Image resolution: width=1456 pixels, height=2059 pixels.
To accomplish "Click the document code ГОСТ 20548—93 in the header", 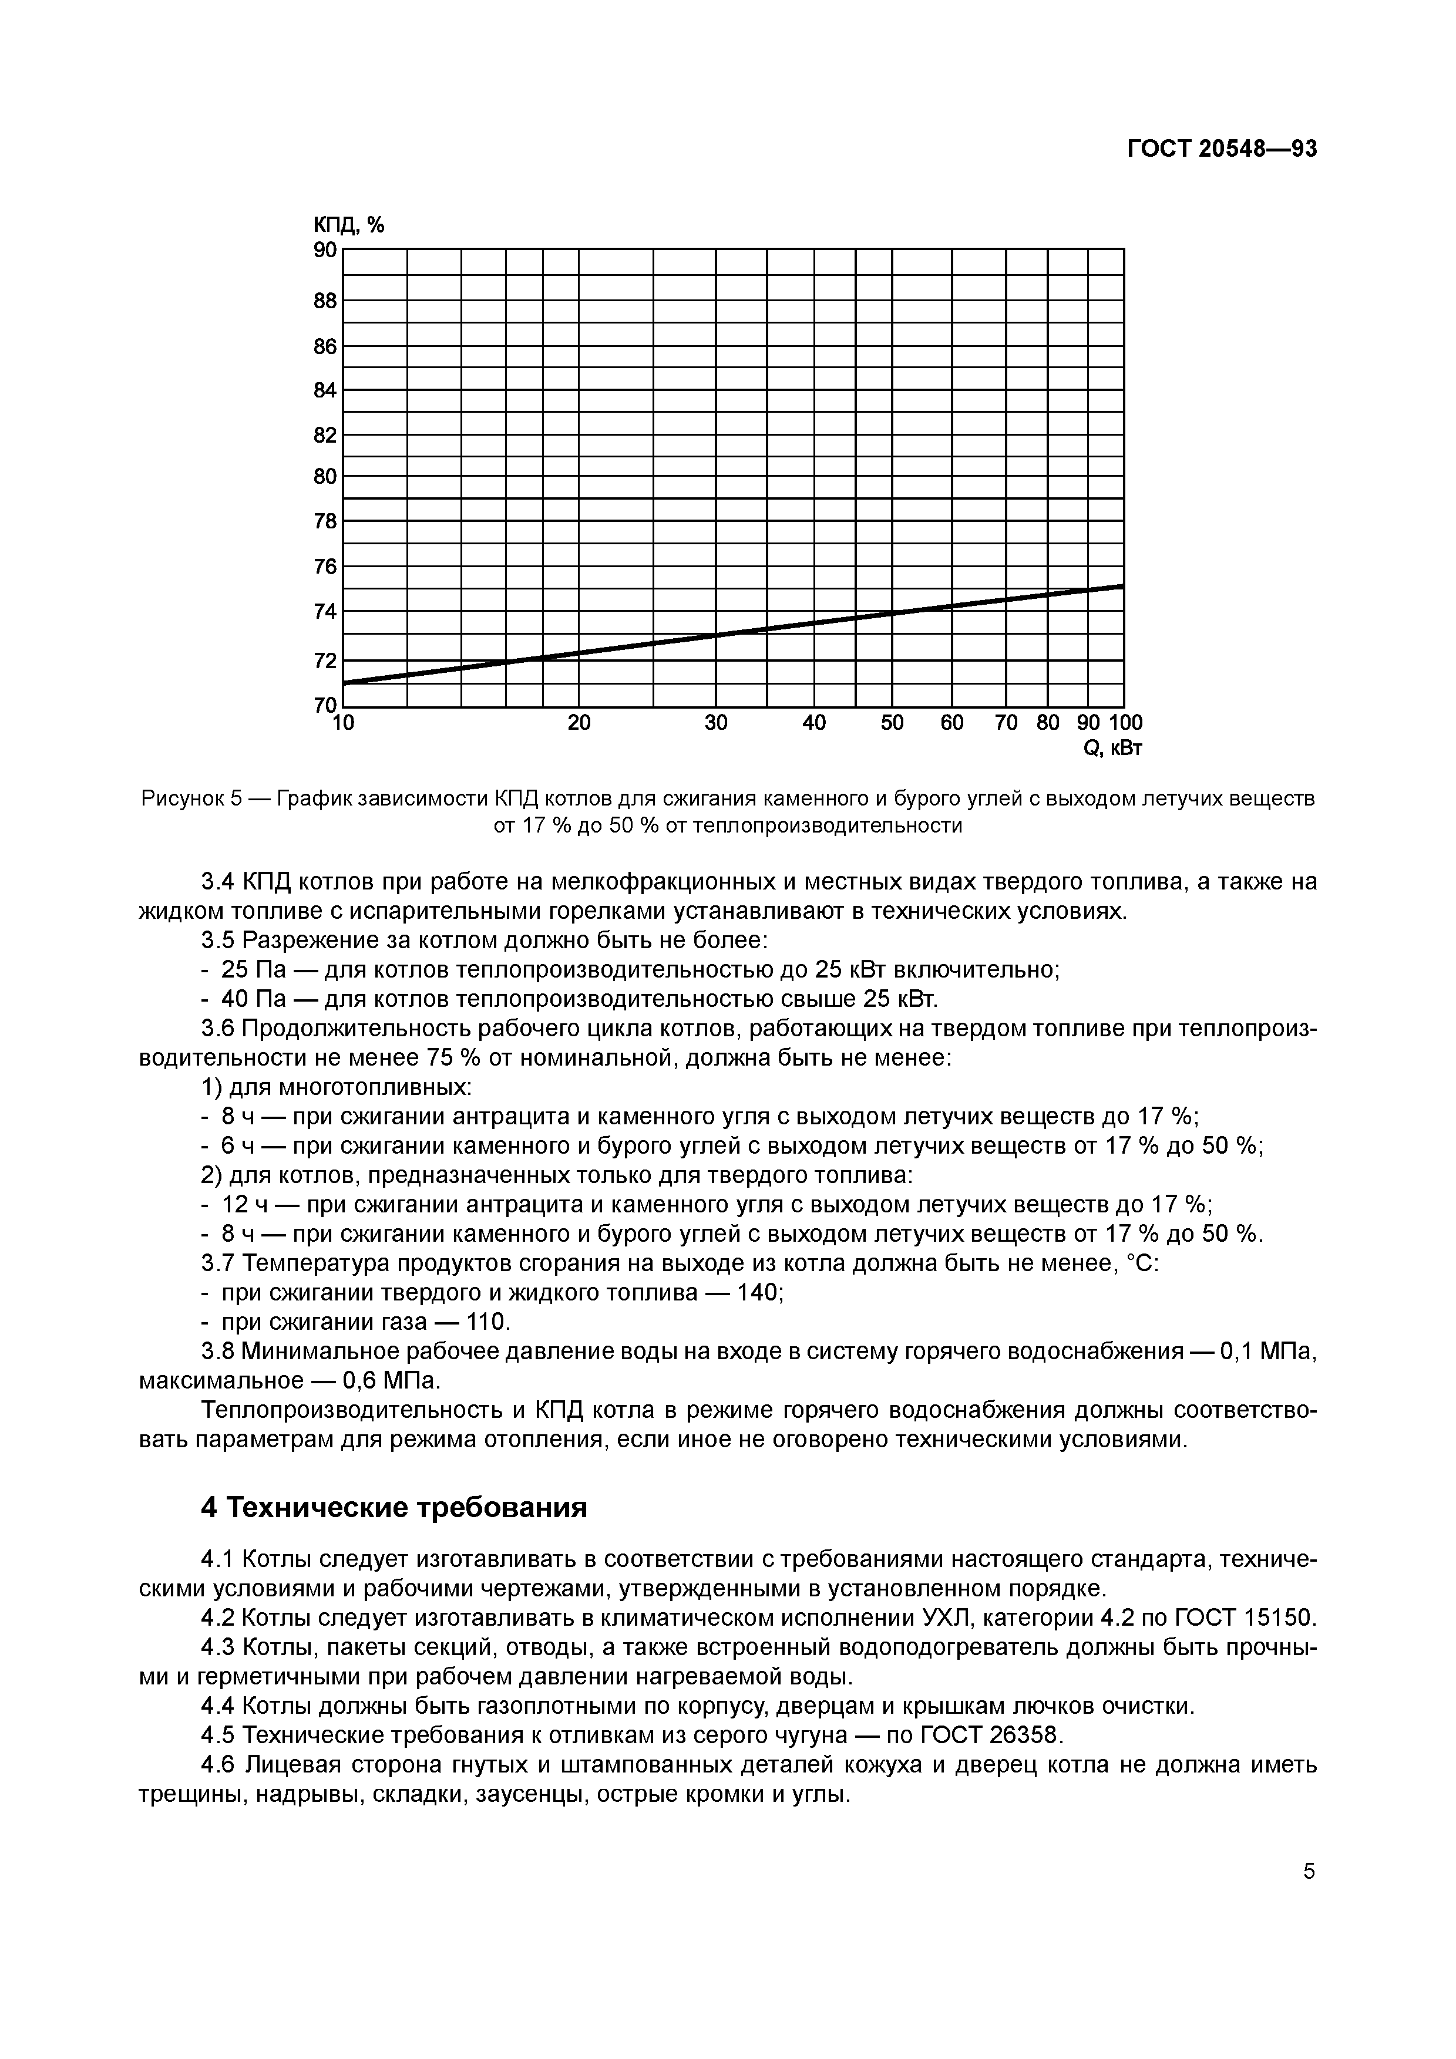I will pos(1222,149).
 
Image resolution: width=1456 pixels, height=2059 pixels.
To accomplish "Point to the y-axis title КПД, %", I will pos(348,225).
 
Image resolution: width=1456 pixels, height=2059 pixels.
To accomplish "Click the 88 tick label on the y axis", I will pos(325,301).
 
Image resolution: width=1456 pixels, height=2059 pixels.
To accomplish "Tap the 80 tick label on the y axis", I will pos(325,477).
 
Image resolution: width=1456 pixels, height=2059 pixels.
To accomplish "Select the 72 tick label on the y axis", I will pos(325,661).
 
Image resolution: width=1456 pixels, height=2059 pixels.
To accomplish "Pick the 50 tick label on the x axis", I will pos(892,723).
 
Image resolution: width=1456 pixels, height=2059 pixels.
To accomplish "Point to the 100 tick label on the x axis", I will pos(1126,723).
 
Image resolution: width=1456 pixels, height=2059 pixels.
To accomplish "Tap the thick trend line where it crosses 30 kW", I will pos(716,635).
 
